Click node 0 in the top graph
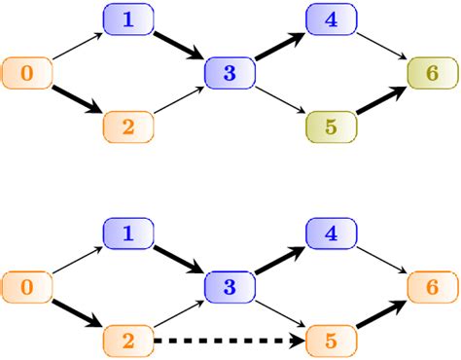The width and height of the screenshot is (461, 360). pos(26,73)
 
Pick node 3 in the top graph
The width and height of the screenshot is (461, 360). pos(229,73)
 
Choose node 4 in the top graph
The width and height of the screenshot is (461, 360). pos(330,18)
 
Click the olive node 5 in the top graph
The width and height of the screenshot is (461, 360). pos(330,126)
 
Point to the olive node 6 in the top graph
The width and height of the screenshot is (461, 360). pos(431,73)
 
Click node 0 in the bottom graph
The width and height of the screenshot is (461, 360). pos(26,287)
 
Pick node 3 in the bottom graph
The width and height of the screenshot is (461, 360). pos(229,287)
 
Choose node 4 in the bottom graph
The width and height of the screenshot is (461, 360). pos(330,234)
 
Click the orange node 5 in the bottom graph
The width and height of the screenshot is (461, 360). pos(330,342)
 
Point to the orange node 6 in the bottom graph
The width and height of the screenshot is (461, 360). pos(431,287)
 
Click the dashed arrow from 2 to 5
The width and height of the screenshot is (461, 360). pos(229,342)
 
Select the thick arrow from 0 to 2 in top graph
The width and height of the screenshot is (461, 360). pos(77,99)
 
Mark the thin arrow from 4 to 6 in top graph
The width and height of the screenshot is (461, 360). pos(380,46)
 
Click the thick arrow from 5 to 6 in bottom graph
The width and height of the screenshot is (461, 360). pos(380,314)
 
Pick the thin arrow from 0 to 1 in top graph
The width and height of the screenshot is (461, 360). pos(77,46)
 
